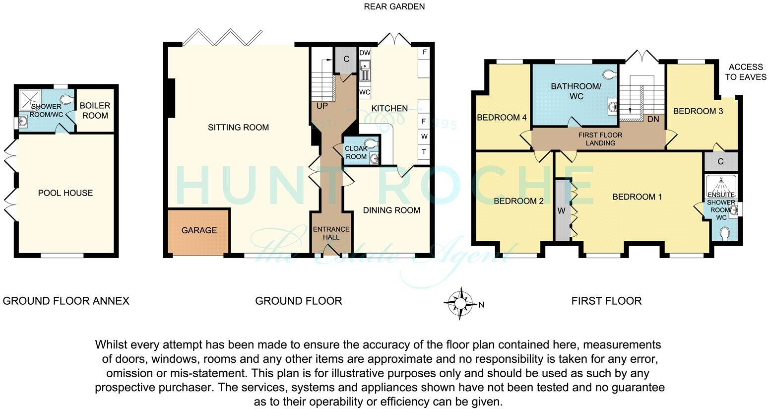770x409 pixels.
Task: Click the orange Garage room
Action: coord(198,231)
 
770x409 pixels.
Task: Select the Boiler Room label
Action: coord(95,111)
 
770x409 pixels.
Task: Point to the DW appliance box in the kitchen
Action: coord(365,53)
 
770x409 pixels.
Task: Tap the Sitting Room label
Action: coord(238,128)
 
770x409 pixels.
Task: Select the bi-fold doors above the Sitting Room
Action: coord(222,37)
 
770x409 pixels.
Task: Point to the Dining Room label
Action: coord(391,210)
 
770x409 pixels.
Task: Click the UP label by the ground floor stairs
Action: coord(322,106)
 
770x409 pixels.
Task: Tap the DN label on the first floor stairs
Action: coord(653,119)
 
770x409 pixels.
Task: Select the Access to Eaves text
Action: coord(745,72)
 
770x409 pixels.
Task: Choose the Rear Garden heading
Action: coord(394,6)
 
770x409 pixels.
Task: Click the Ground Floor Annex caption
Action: coord(66,301)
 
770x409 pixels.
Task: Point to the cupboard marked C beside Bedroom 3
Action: coord(720,161)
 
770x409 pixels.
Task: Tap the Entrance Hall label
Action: coord(331,233)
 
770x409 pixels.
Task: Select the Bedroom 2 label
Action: coord(518,201)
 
